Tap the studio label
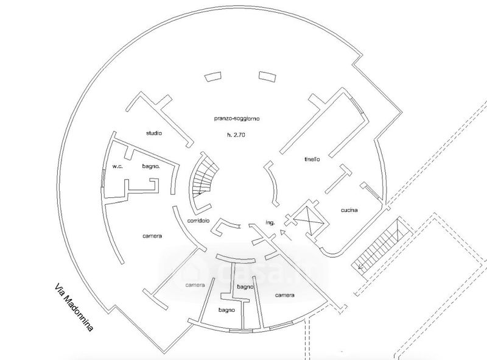(x=153, y=133)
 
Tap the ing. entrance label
(x=271, y=223)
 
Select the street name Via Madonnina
(x=73, y=306)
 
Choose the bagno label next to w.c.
(x=150, y=166)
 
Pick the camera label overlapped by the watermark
(x=195, y=285)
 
